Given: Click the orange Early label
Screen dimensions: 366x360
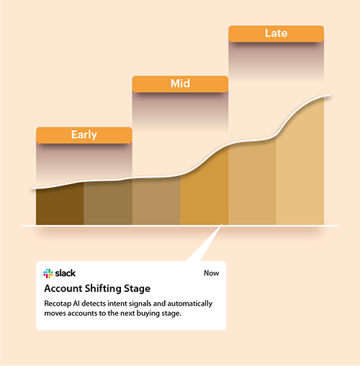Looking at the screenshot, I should (84, 134).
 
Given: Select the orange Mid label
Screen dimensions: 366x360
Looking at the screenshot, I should (180, 84).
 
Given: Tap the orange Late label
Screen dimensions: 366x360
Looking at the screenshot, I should (276, 34).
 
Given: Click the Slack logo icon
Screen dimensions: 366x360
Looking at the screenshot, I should (48, 273).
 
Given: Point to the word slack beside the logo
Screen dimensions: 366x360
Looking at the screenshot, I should (66, 273).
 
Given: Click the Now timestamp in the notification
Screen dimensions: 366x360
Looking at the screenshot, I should (212, 273).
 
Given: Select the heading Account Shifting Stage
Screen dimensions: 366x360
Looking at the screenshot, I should (96, 288).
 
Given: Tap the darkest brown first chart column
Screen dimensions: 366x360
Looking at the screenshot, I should (60, 206).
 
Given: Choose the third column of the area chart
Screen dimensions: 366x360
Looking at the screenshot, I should (156, 201).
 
